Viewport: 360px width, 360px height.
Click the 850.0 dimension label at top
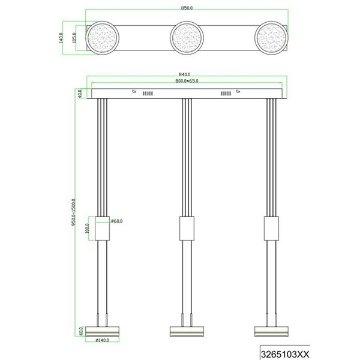186,8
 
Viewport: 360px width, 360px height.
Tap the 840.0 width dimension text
186,74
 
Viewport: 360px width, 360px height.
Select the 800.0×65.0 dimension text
186,80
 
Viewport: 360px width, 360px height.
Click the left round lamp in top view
103,38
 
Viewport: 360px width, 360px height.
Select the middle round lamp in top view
187,38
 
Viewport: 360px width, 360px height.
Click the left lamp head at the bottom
103,331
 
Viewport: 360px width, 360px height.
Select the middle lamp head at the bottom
187,331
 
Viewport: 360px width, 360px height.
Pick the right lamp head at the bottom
271,331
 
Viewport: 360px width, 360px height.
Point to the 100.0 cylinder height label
86,228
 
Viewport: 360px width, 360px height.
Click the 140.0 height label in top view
61,38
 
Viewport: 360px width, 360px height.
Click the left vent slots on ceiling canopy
148,94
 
